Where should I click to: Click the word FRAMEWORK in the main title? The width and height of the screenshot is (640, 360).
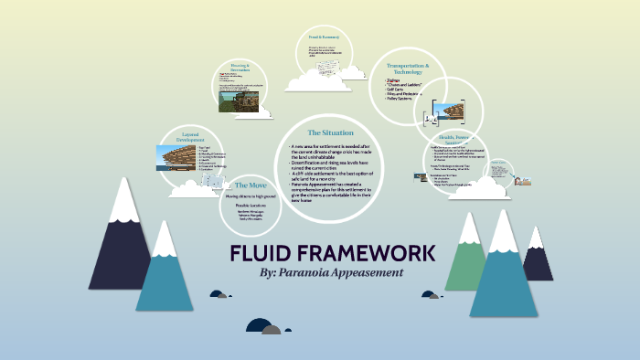click(x=367, y=253)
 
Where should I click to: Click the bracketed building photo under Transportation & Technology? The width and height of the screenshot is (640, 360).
click(x=447, y=113)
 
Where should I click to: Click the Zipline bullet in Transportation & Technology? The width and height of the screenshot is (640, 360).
click(x=396, y=80)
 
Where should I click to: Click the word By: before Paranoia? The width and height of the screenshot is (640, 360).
click(x=272, y=272)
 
